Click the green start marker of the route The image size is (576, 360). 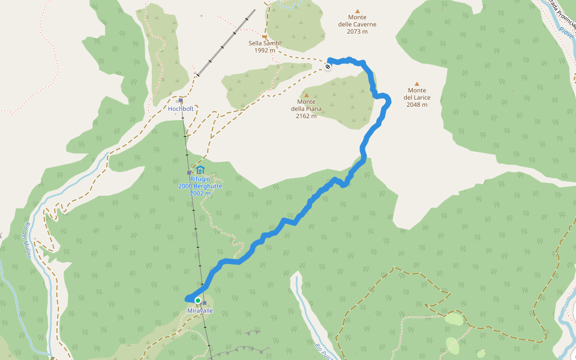[197, 300]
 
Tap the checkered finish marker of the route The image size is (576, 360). [328, 66]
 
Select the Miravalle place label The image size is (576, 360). [200, 311]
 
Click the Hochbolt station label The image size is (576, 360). [181, 109]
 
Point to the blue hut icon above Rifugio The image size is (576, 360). [200, 170]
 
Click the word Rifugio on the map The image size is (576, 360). [200, 179]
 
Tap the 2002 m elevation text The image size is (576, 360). [200, 193]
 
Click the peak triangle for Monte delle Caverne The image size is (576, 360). [357, 11]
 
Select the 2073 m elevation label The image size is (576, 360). [357, 32]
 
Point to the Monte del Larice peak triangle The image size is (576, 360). [416, 84]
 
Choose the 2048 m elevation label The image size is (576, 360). [416, 105]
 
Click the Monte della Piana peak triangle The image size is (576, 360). [306, 95]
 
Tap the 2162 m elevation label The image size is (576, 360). [306, 116]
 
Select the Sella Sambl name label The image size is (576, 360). [265, 43]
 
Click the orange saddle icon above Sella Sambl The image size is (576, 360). [264, 36]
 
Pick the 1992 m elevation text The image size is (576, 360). [265, 50]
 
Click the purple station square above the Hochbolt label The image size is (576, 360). [181, 101]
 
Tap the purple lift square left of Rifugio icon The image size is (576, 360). [189, 173]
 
